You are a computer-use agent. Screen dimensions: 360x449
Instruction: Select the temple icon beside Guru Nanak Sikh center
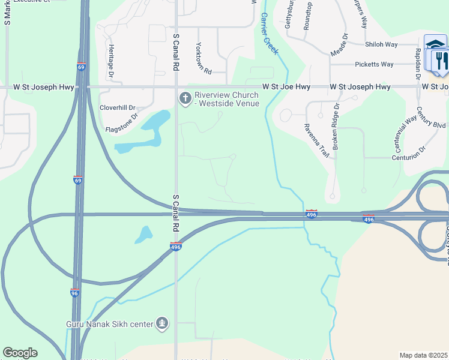pyautogui.click(x=161, y=324)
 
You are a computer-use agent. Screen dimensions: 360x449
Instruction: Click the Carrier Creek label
pyautogui.click(x=269, y=35)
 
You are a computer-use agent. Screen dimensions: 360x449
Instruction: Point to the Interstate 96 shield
pyautogui.click(x=74, y=293)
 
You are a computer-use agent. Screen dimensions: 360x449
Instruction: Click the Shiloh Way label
pyautogui.click(x=382, y=44)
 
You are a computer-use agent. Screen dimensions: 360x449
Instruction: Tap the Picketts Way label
pyautogui.click(x=374, y=64)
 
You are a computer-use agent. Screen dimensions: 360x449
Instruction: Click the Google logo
pyautogui.click(x=20, y=353)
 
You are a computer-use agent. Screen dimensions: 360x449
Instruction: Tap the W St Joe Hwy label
pyautogui.click(x=286, y=87)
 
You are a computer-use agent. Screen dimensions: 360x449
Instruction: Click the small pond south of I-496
pyautogui.click(x=143, y=234)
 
